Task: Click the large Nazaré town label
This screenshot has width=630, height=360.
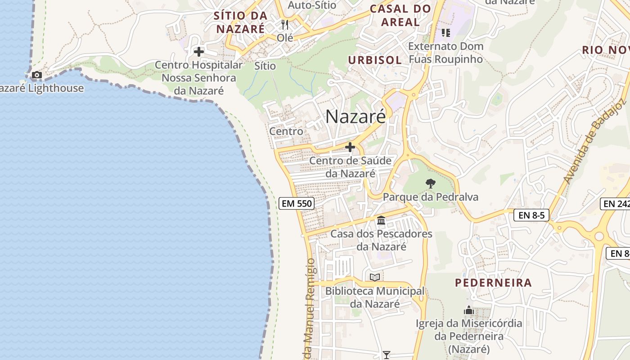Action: [x=355, y=117]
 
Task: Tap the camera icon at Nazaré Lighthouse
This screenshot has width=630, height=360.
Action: [x=36, y=75]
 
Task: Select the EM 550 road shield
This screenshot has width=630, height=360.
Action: [x=296, y=203]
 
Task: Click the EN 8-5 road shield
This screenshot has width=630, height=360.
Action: [x=531, y=215]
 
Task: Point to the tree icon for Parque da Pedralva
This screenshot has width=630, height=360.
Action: [x=431, y=183]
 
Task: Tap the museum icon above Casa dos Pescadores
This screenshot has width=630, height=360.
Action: [x=381, y=220]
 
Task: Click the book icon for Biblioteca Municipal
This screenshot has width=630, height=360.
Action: [x=374, y=277]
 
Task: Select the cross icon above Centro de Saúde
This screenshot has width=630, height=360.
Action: [x=350, y=147]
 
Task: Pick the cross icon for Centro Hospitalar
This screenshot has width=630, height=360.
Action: [x=198, y=52]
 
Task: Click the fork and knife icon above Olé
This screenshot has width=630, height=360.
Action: [x=284, y=24]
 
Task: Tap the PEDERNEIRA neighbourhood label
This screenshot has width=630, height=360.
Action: [x=493, y=283]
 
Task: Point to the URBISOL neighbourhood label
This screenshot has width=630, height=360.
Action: [x=375, y=60]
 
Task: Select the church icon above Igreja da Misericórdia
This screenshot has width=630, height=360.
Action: [x=469, y=310]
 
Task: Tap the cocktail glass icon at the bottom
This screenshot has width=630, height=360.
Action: [x=386, y=355]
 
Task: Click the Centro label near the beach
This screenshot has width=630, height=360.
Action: [x=286, y=131]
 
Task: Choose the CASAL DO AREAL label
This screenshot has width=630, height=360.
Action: [x=400, y=15]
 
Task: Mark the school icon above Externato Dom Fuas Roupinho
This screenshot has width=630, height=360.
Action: [x=445, y=32]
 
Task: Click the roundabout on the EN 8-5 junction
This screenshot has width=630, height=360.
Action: [x=598, y=236]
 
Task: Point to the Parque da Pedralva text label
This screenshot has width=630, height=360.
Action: [x=430, y=197]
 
